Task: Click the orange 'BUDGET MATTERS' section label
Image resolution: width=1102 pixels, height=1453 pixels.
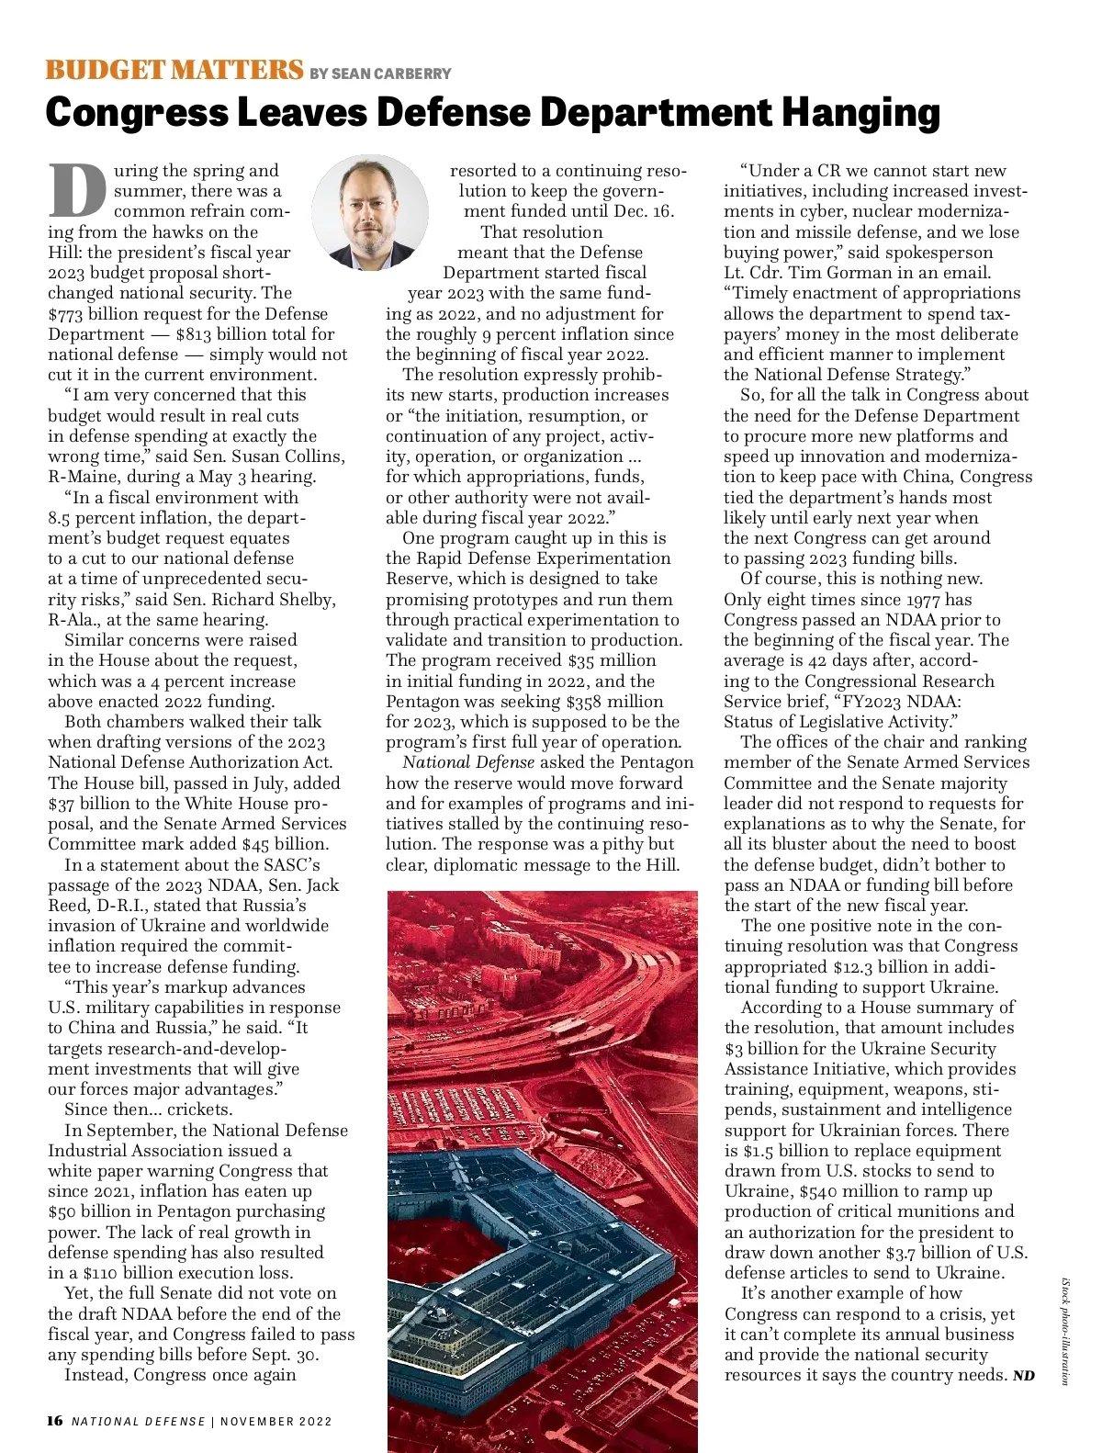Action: click(x=174, y=70)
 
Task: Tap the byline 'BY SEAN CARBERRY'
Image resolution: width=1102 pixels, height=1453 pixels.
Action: click(x=380, y=73)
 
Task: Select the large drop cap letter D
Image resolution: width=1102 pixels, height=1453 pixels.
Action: click(x=77, y=191)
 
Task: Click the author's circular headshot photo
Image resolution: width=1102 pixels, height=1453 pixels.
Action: click(x=370, y=212)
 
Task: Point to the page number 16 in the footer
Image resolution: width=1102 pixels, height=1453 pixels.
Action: click(x=55, y=1421)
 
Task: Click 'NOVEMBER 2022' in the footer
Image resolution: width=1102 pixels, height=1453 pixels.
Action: click(x=275, y=1422)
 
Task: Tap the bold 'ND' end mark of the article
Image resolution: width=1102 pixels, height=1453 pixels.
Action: click(x=1023, y=1376)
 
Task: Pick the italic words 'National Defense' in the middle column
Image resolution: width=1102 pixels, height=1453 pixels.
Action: click(x=468, y=762)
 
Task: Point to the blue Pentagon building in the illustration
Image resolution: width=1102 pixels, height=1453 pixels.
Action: click(x=514, y=1240)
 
